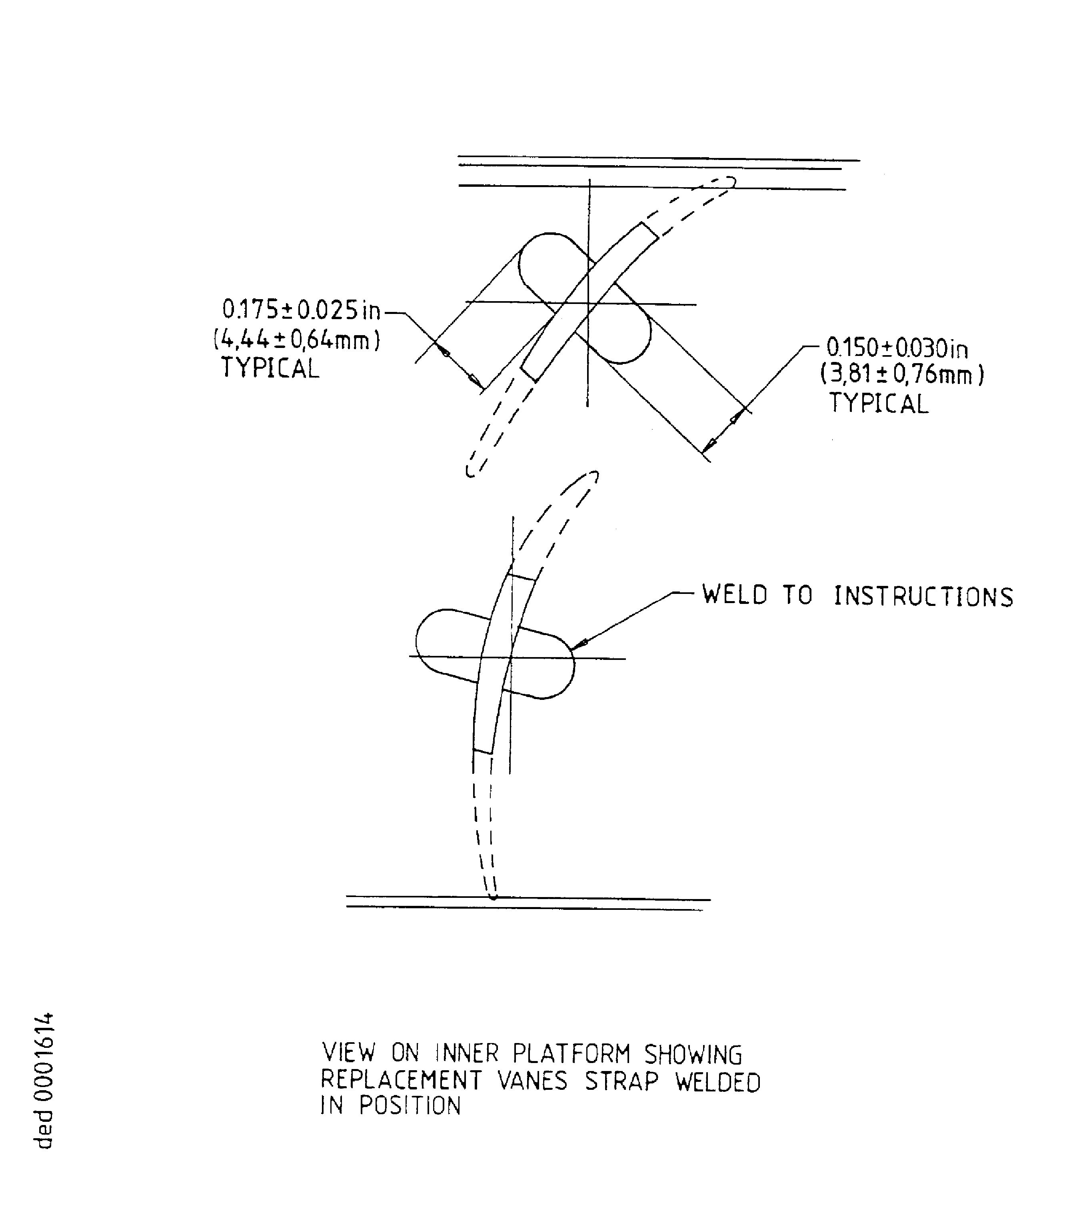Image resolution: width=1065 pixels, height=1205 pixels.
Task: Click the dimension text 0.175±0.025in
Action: coord(302,310)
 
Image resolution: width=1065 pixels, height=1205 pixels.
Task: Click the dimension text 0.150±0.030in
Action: coord(897,348)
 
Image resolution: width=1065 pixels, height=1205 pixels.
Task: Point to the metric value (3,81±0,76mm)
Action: coord(902,375)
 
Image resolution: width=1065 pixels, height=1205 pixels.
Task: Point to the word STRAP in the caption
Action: coord(622,1081)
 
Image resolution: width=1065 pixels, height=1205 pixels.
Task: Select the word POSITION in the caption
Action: coord(410,1105)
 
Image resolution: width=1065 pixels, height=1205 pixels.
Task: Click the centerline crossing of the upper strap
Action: coord(587,304)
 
